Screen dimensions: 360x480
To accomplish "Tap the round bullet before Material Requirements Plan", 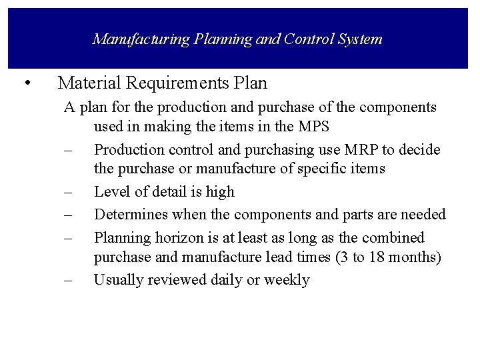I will click(x=26, y=83).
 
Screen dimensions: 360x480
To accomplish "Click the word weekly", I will click(x=287, y=280).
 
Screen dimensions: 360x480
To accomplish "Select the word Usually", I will click(x=118, y=280).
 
